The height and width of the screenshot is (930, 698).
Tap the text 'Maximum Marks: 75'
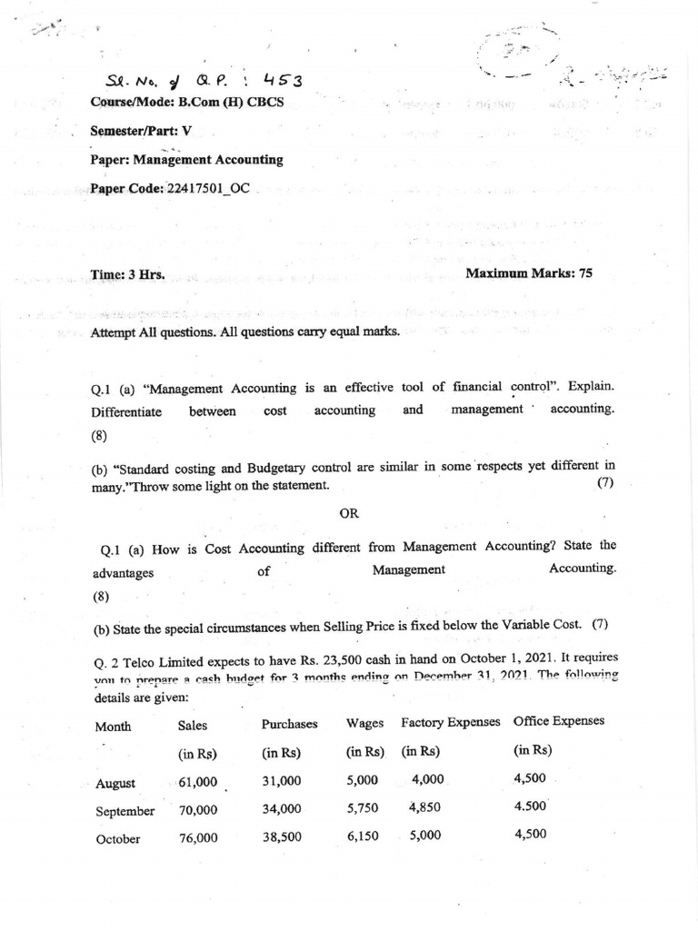tap(528, 272)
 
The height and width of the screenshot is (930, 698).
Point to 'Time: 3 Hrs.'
tap(128, 273)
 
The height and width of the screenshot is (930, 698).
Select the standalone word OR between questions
tap(349, 513)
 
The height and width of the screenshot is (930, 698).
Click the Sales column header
tap(193, 726)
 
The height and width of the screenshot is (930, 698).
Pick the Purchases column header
tap(289, 724)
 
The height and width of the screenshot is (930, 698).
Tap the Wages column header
tap(364, 723)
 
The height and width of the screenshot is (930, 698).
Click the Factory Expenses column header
tap(451, 722)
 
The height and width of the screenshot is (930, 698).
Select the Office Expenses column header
tap(558, 721)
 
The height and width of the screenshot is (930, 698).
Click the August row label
tap(115, 783)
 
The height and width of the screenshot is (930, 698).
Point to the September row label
tap(125, 811)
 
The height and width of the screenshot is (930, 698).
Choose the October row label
tap(118, 839)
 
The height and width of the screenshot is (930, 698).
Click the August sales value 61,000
tap(198, 782)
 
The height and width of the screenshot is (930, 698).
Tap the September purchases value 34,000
tap(282, 809)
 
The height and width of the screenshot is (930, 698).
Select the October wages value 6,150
tap(363, 836)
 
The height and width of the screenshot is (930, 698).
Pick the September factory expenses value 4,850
tap(424, 807)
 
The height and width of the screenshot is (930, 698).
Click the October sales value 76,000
tap(198, 838)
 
